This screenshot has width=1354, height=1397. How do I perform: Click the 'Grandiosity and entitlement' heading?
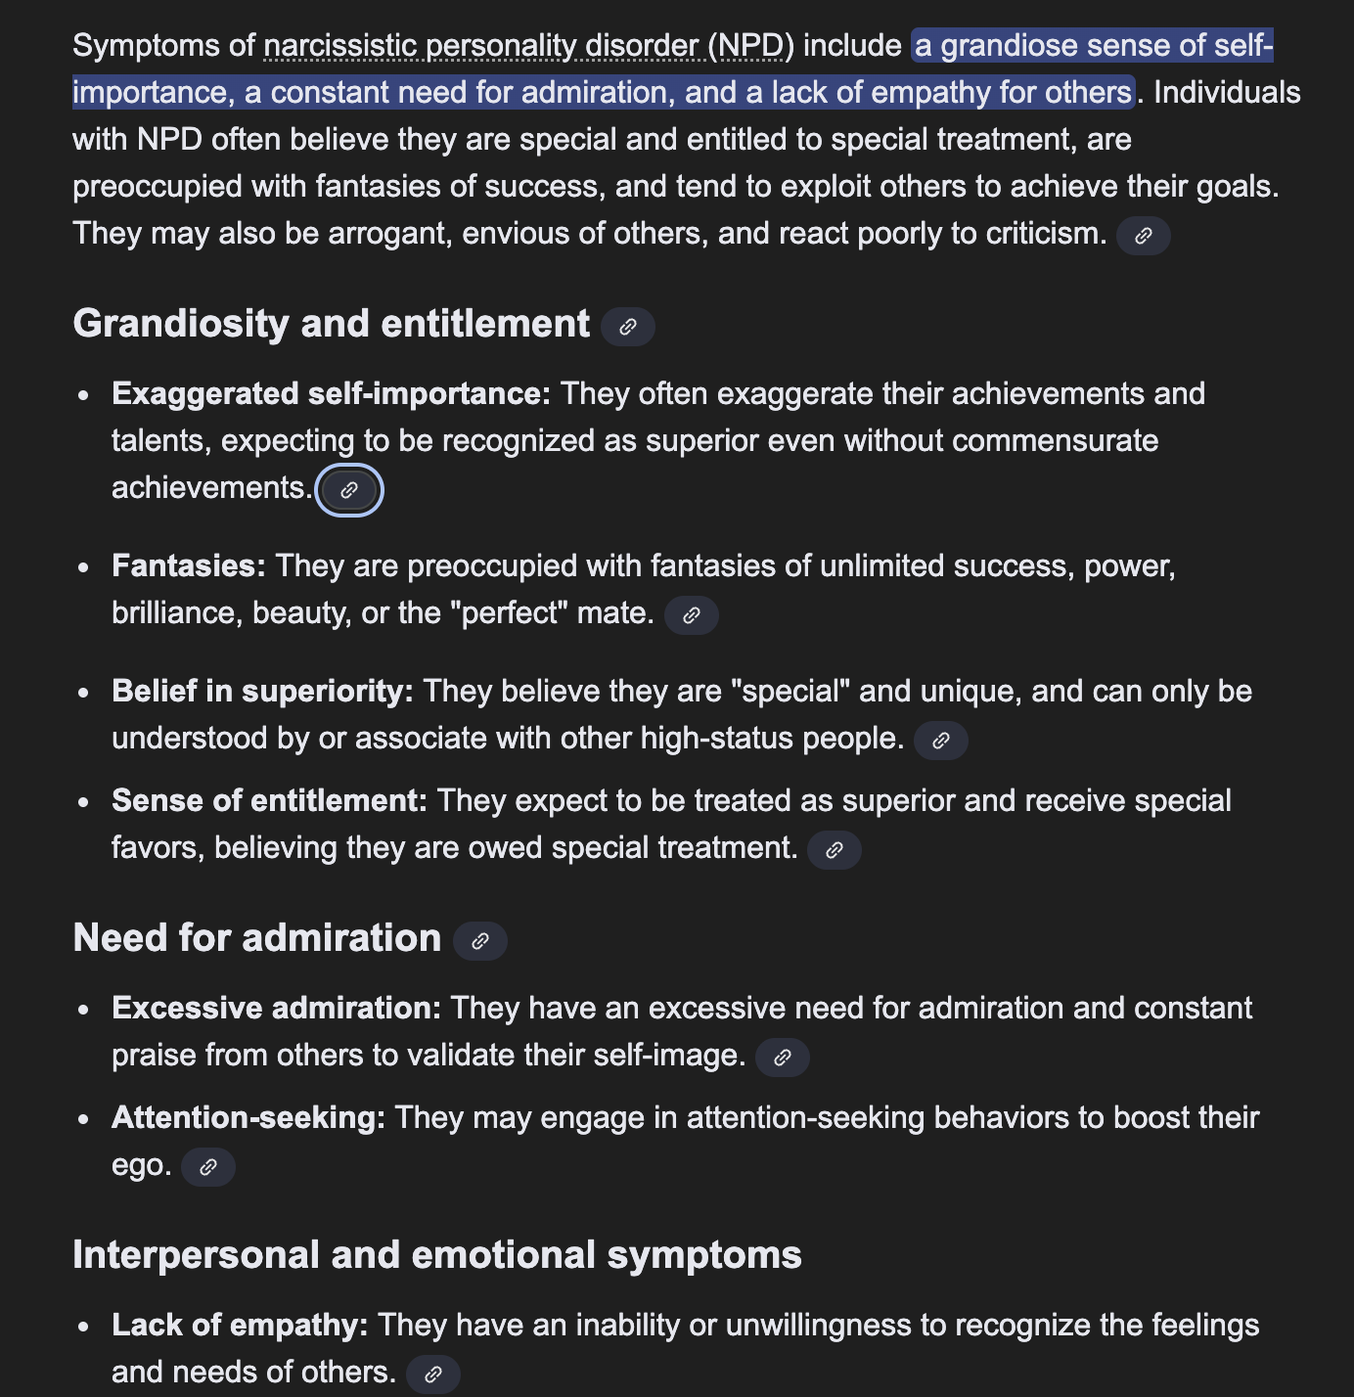331,324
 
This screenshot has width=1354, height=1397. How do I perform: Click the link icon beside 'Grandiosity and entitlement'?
628,327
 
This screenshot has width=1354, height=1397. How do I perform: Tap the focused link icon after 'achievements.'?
349,490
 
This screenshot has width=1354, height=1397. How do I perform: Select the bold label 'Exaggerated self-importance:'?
331,393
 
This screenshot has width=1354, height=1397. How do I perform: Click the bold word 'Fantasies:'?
189,565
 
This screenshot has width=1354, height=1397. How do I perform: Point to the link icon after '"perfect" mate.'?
692,615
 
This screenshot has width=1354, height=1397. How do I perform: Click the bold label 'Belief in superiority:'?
262,691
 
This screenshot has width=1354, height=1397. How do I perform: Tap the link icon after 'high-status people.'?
941,741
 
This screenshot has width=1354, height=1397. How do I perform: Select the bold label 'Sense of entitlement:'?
269,800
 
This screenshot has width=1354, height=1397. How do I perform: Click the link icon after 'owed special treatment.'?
835,850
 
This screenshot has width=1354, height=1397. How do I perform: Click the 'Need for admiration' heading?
257,938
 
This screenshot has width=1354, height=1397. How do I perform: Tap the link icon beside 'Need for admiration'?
480,941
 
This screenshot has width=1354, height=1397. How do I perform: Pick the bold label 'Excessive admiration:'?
277,1008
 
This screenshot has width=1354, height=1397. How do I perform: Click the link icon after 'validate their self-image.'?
783,1058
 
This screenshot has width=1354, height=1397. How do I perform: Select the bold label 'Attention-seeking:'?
248,1117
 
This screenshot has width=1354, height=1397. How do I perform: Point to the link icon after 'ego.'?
208,1167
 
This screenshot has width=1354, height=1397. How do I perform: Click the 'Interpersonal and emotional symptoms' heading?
437,1255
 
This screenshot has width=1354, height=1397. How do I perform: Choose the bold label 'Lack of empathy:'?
240,1325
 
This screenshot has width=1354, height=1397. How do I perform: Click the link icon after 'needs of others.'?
433,1374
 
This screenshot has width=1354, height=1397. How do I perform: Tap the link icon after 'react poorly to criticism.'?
1144,236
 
